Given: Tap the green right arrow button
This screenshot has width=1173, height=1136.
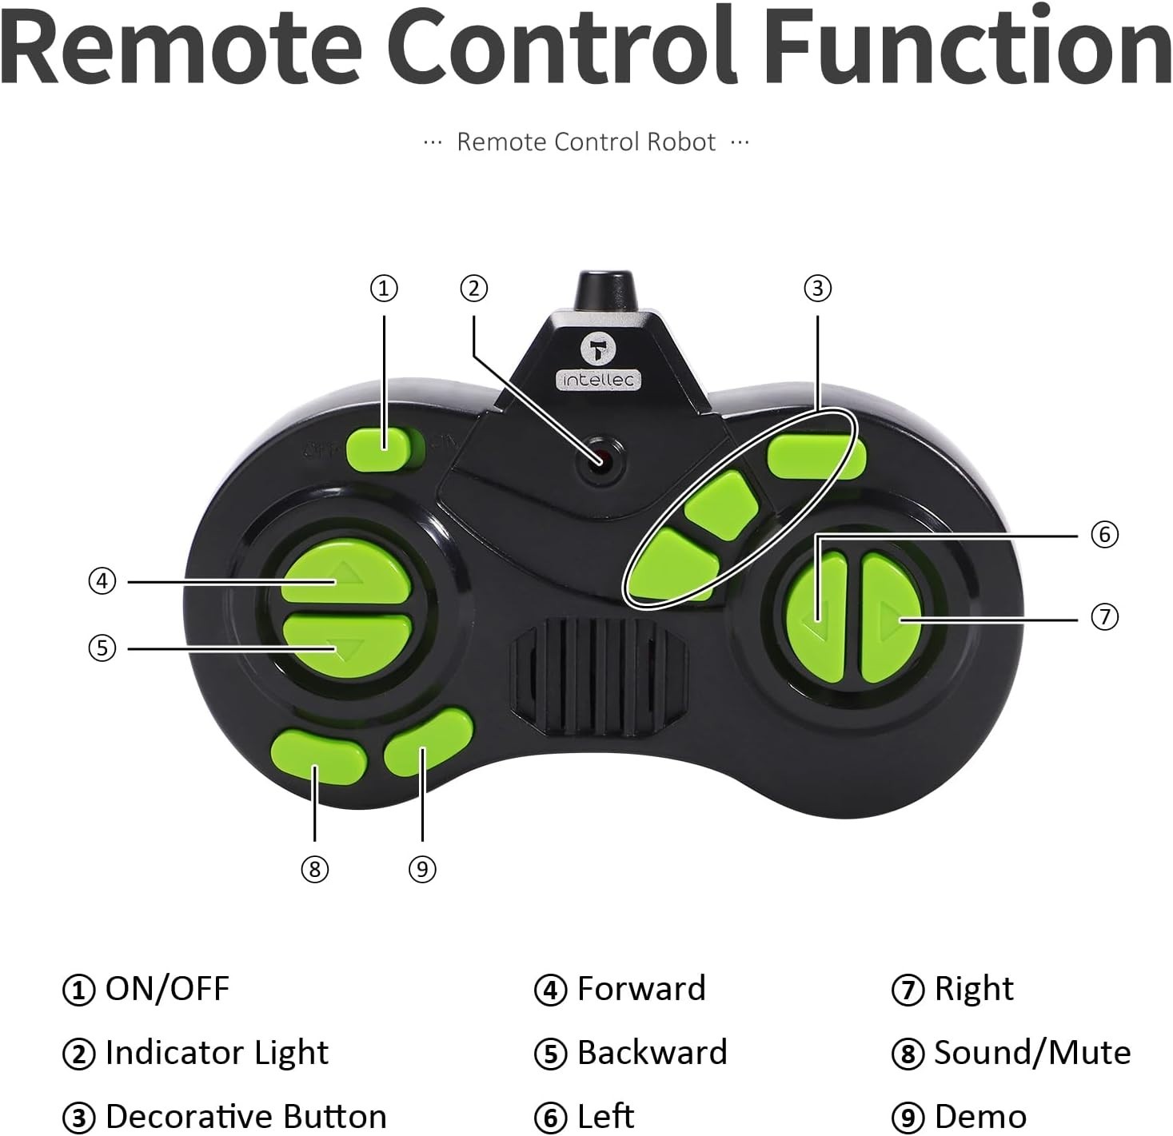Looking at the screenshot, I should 891,617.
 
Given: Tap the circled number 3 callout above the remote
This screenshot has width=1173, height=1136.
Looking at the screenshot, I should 817,288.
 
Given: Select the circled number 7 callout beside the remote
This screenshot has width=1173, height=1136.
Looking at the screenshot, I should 1104,616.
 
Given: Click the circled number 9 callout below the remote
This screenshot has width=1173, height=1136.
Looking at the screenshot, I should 422,868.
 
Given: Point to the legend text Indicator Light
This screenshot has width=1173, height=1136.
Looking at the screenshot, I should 217,1053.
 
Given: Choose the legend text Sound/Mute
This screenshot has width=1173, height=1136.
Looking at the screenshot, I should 1032,1053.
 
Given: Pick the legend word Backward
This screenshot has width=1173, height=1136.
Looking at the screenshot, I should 652,1053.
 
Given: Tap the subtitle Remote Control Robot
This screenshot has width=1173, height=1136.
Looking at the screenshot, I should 586,142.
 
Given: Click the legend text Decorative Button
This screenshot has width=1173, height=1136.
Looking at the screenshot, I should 245,1116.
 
